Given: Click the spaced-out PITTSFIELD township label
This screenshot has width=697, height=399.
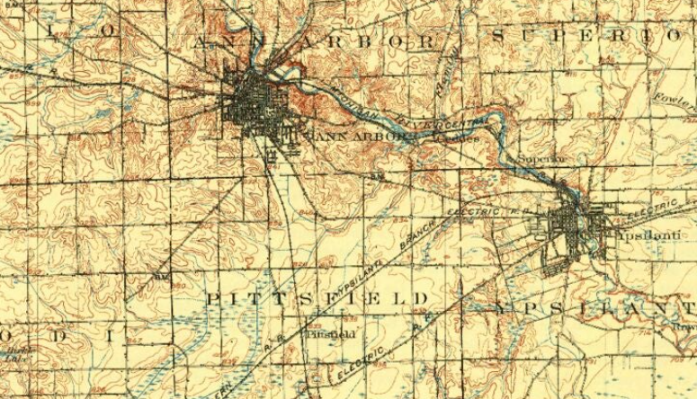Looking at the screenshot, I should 318,297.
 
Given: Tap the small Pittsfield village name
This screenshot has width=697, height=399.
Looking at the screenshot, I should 332,334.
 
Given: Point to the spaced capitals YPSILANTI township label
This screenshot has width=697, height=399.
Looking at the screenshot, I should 594,308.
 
